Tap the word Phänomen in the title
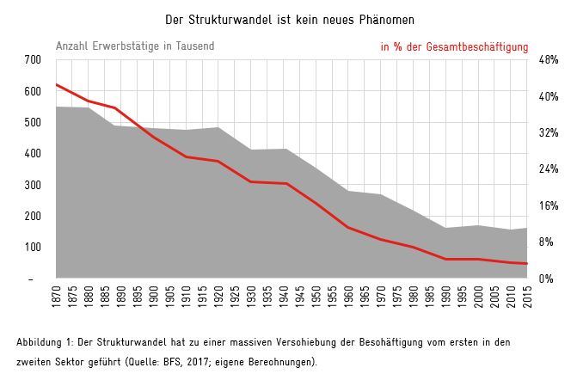coord(387,20)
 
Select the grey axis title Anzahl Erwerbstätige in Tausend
coord(135,46)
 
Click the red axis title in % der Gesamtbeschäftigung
coord(454,47)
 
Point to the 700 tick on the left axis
coord(33,59)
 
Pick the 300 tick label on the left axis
coord(33,185)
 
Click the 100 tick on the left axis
coord(33,247)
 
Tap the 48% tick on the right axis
coord(549,59)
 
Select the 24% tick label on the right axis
coord(549,169)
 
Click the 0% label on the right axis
coord(546,279)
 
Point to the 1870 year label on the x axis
coord(57,297)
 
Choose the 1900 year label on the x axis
coord(154,297)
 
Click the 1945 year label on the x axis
coord(300,297)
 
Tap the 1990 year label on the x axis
coord(446,297)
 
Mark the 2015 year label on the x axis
coord(527,297)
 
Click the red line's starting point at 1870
coord(57,85)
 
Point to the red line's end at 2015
coord(526,264)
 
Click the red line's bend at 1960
coord(348,228)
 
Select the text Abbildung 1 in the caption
coord(43,342)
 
